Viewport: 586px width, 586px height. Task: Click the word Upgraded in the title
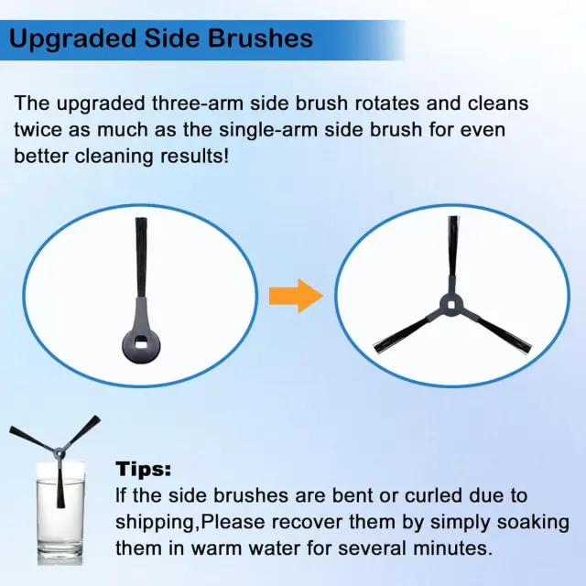pos(72,39)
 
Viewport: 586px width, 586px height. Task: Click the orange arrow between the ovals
pos(296,296)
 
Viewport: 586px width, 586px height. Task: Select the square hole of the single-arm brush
pos(142,342)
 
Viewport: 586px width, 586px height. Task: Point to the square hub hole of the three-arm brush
pos(451,304)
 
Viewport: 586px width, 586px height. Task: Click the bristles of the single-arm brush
pos(141,257)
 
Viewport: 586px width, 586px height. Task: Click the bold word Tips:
pos(143,469)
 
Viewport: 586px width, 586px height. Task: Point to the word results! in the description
pos(194,157)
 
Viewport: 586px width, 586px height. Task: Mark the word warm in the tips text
pos(216,549)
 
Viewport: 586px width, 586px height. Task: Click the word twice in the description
pos(38,130)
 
